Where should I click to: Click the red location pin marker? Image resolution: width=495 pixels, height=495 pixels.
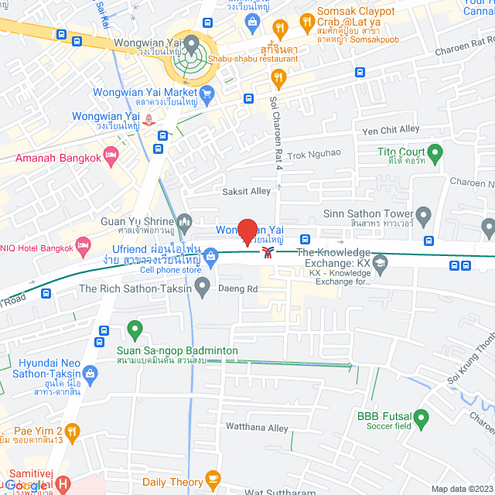[247, 232]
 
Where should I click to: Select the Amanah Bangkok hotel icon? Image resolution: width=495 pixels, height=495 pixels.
[111, 157]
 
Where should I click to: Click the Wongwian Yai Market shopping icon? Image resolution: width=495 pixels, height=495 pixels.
[206, 95]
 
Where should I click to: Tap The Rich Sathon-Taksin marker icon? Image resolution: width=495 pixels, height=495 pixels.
[203, 288]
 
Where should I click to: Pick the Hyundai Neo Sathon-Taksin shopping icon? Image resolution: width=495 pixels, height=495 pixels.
[91, 374]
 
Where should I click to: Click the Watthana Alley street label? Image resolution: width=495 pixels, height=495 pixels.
[257, 428]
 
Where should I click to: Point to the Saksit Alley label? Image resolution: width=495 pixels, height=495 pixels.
[247, 191]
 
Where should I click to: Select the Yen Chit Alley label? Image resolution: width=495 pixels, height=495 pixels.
[391, 129]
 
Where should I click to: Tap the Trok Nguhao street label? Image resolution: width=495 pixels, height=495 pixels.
[314, 152]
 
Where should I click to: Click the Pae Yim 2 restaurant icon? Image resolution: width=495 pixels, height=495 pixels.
[72, 430]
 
